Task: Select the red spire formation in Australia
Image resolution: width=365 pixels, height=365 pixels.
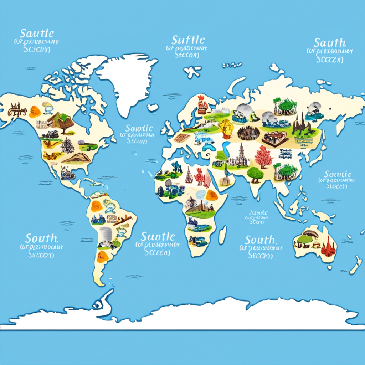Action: coord(328,246)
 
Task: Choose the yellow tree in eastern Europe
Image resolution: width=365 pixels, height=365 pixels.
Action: coord(226,128)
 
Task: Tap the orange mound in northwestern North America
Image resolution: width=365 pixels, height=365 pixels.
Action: coord(35,111)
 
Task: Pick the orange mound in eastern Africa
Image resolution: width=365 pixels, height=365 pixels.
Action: coord(212,195)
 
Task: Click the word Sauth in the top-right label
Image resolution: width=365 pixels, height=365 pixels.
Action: coord(329,43)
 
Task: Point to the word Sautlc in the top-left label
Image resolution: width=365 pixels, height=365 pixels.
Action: coord(37,34)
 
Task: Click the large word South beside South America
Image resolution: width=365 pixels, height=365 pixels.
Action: coord(41,238)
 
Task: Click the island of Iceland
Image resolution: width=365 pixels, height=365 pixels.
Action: coord(153,107)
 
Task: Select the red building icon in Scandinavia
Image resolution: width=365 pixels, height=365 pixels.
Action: coord(202,103)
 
